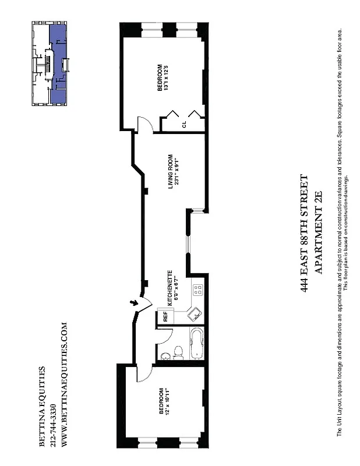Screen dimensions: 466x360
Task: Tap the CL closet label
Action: tap(184, 124)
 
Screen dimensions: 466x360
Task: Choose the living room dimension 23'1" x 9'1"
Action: tap(177, 171)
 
